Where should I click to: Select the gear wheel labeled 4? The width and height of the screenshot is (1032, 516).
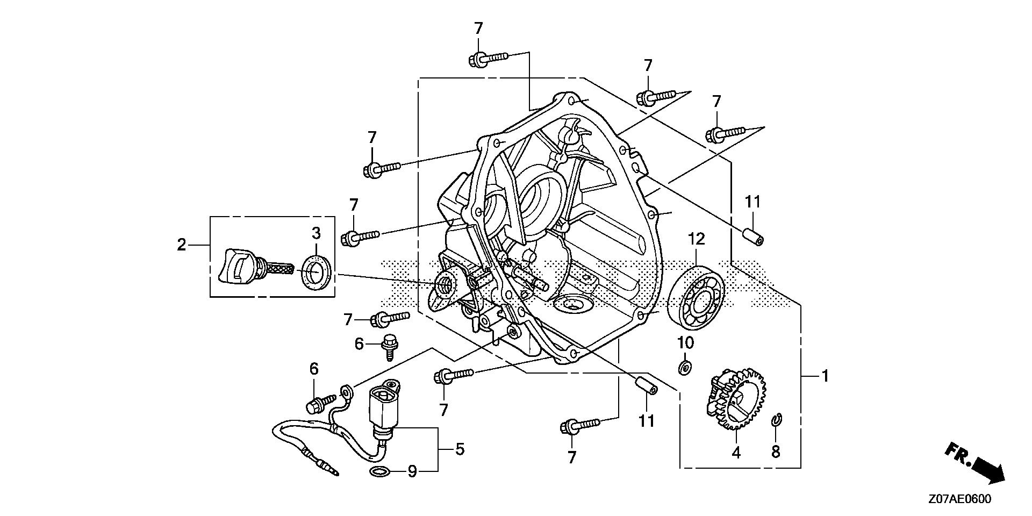coord(735,398)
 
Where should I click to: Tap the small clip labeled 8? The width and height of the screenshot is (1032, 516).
coord(775,421)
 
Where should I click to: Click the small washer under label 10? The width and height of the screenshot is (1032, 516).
coord(685,368)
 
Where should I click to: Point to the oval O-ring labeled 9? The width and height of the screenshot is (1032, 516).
coord(380,472)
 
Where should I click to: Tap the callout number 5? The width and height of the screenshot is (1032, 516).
coord(460,449)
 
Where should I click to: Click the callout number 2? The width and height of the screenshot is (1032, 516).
coord(182,245)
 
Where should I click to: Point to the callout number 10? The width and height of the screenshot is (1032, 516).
coord(685,342)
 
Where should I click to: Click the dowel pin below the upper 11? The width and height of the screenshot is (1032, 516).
coord(754,236)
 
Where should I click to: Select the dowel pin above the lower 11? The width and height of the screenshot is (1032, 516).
coord(646,385)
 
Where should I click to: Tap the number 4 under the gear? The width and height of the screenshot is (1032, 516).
coord(736,453)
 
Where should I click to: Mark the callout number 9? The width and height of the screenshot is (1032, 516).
coord(412,472)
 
